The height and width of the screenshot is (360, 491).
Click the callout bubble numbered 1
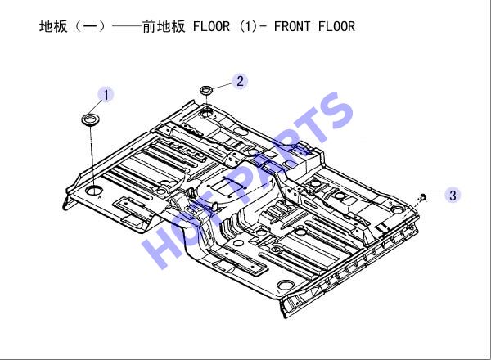pyautogui.click(x=106, y=95)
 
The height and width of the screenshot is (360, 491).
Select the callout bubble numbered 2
pyautogui.click(x=240, y=81)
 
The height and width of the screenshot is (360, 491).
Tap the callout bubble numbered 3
pyautogui.click(x=453, y=196)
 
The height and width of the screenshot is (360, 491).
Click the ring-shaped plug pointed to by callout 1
pyautogui.click(x=91, y=120)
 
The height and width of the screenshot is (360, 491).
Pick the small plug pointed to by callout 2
pyautogui.click(x=207, y=90)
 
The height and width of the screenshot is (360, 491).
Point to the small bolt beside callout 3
pyautogui.click(x=423, y=197)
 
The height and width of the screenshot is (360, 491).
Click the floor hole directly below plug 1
pyautogui.click(x=94, y=190)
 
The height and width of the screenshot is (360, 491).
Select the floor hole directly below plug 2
pyautogui.click(x=207, y=112)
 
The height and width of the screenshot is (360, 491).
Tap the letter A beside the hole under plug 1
pyautogui.click(x=100, y=197)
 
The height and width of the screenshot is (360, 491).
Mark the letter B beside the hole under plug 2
pyautogui.click(x=214, y=117)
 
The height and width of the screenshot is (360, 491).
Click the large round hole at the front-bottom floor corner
pyautogui.click(x=286, y=285)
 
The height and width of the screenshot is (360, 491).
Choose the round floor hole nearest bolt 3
pyautogui.click(x=398, y=209)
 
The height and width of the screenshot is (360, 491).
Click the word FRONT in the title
pyautogui.click(x=292, y=27)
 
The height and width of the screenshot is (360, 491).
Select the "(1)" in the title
pyautogui.click(x=248, y=27)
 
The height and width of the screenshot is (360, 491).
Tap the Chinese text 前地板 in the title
pyautogui.click(x=164, y=27)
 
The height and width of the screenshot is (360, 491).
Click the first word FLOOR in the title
pyautogui.click(x=211, y=27)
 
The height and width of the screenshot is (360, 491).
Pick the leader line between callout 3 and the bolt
pyautogui.click(x=435, y=196)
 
